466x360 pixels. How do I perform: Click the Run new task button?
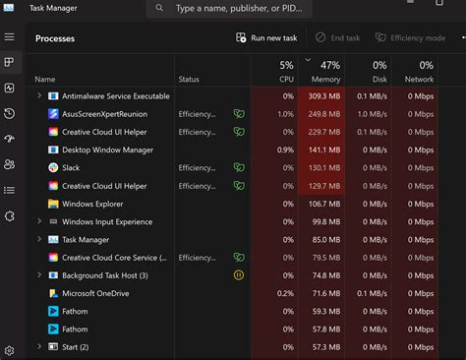click(x=267, y=38)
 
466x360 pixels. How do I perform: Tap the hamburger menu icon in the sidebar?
click(x=9, y=37)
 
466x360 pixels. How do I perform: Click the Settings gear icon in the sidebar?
click(x=9, y=350)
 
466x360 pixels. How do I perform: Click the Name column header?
click(x=45, y=79)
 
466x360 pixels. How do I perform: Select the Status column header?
click(x=189, y=79)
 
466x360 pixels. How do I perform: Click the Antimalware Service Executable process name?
click(x=115, y=96)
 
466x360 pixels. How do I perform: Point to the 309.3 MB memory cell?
click(x=324, y=96)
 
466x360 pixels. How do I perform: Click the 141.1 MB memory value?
click(x=324, y=150)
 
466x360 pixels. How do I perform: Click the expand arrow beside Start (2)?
click(x=39, y=347)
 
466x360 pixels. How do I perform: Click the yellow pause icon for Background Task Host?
click(x=238, y=275)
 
